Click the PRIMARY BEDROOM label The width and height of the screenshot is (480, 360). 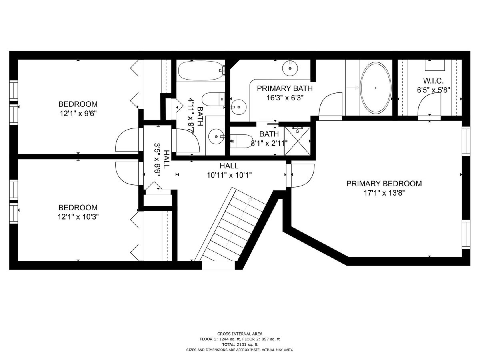pyautogui.click(x=384, y=183)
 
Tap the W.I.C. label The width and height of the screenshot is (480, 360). pyautogui.click(x=433, y=81)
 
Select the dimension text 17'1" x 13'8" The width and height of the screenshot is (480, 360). pyautogui.click(x=384, y=193)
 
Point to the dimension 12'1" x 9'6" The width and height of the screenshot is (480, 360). pyautogui.click(x=78, y=114)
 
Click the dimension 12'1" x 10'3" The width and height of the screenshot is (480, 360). pyautogui.click(x=78, y=217)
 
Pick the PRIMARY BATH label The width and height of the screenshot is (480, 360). pyautogui.click(x=284, y=88)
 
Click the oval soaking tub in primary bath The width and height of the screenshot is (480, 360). pyautogui.click(x=376, y=88)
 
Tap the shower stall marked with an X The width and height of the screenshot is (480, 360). pyautogui.click(x=298, y=141)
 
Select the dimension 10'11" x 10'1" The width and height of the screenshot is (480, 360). pyautogui.click(x=229, y=175)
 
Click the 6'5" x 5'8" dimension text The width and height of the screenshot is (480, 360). pyautogui.click(x=434, y=90)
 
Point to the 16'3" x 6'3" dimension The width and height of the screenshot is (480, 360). pyautogui.click(x=285, y=98)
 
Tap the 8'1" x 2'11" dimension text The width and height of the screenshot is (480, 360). pyautogui.click(x=269, y=144)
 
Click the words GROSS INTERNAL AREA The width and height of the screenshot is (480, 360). pyautogui.click(x=240, y=334)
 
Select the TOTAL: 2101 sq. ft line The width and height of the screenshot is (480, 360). pyautogui.click(x=240, y=345)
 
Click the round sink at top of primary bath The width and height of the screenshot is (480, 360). pyautogui.click(x=290, y=68)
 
